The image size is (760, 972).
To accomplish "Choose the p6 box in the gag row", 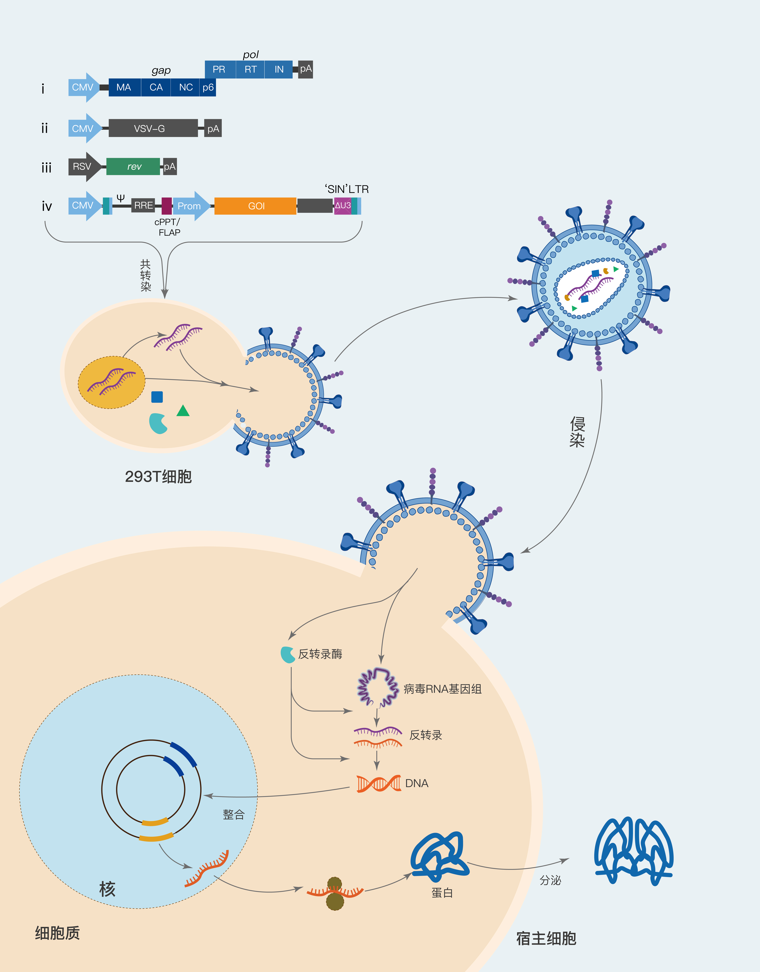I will (x=208, y=87).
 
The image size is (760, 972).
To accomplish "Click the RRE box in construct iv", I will (x=143, y=205).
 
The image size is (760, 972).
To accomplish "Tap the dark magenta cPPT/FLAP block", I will (x=166, y=206).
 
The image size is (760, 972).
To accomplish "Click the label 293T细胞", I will (x=158, y=476).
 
